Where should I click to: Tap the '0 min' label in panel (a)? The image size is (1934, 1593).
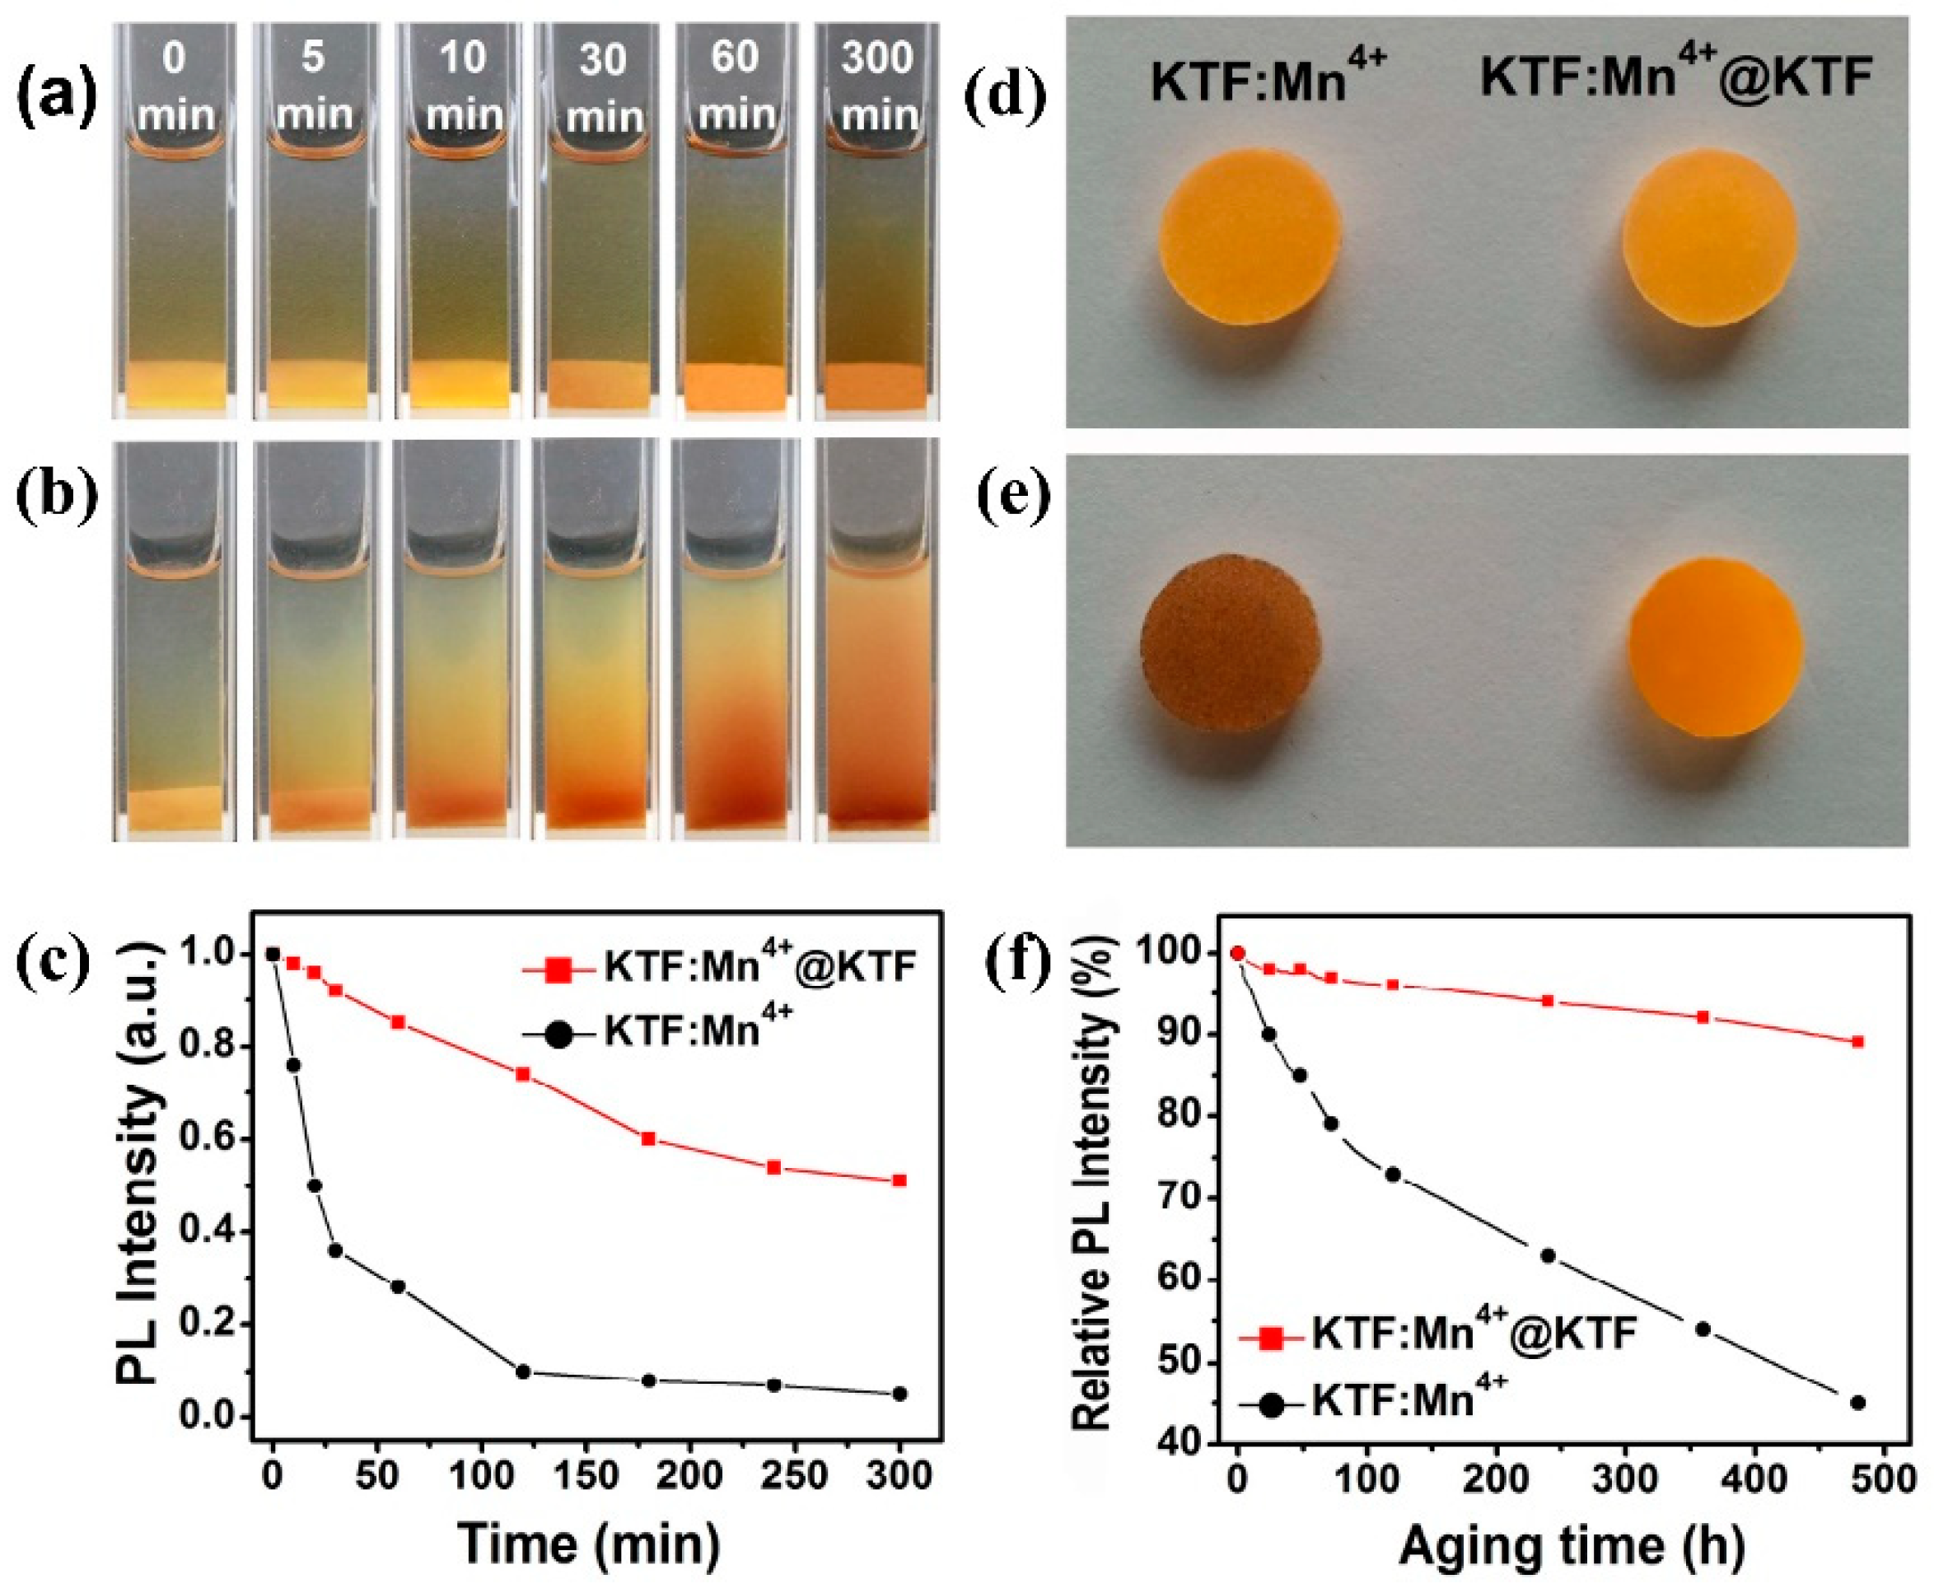(x=175, y=87)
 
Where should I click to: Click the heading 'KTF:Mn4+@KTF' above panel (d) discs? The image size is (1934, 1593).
(x=1675, y=77)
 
